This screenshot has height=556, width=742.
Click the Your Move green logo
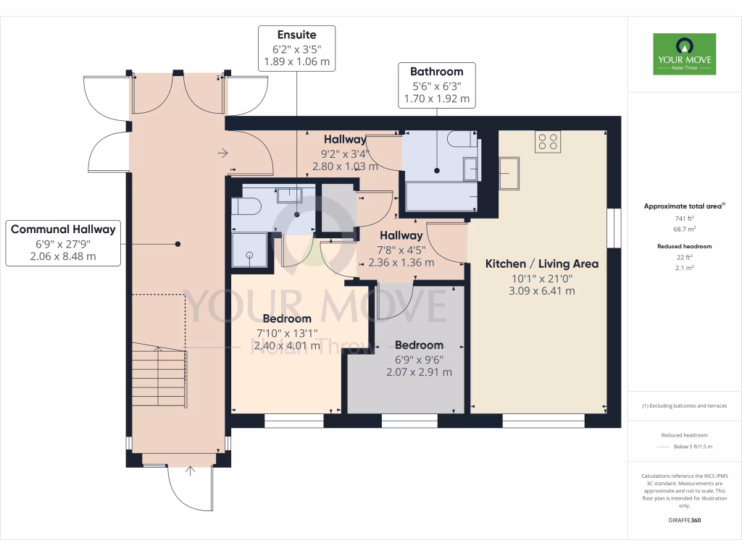pyautogui.click(x=684, y=54)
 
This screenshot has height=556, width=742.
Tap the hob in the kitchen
pyautogui.click(x=547, y=141)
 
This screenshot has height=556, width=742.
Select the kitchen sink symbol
pyautogui.click(x=509, y=173)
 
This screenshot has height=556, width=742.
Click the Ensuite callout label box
pyautogui.click(x=296, y=48)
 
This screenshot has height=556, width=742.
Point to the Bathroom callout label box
pyautogui.click(x=436, y=85)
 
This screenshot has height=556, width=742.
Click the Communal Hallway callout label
pyautogui.click(x=63, y=243)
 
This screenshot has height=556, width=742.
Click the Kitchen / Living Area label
pyautogui.click(x=541, y=264)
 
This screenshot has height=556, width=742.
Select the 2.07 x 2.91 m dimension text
pyautogui.click(x=419, y=372)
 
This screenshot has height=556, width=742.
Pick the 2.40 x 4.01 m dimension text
pyautogui.click(x=287, y=345)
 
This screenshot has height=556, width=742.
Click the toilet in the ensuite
pyautogui.click(x=246, y=206)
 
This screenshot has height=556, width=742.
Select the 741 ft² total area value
pyautogui.click(x=685, y=218)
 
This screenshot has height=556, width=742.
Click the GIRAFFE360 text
pyautogui.click(x=685, y=520)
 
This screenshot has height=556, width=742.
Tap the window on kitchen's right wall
pyautogui.click(x=614, y=228)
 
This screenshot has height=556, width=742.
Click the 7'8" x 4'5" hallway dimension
pyautogui.click(x=401, y=249)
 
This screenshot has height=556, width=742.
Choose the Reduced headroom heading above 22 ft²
pyautogui.click(x=685, y=246)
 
